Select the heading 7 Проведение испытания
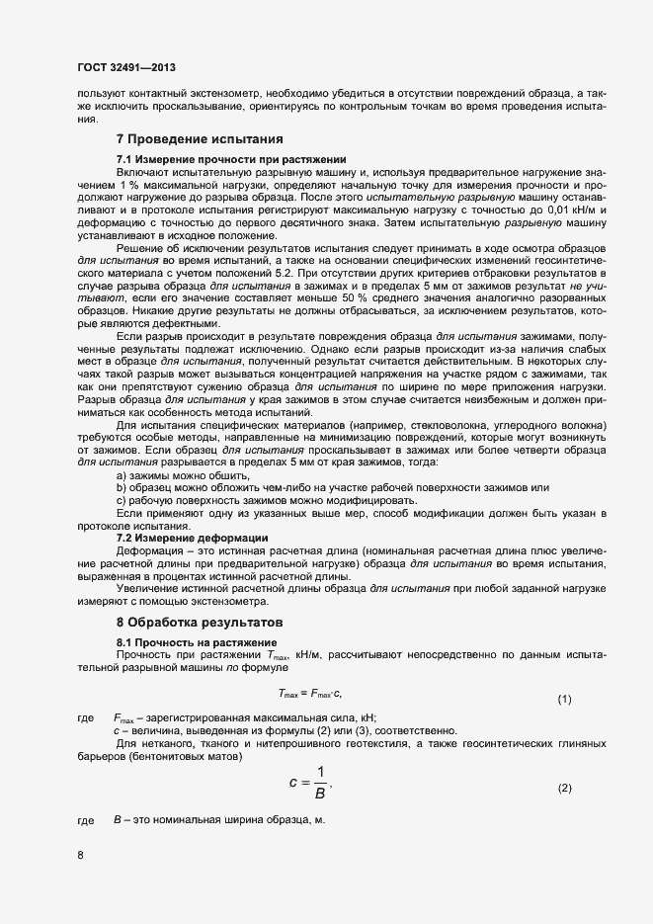201,138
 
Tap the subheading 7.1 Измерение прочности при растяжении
231,159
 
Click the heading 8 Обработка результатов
201,622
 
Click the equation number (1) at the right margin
564,700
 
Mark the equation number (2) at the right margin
564,788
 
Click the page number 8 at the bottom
80,855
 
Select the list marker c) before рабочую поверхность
122,501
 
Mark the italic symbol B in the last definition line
117,820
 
